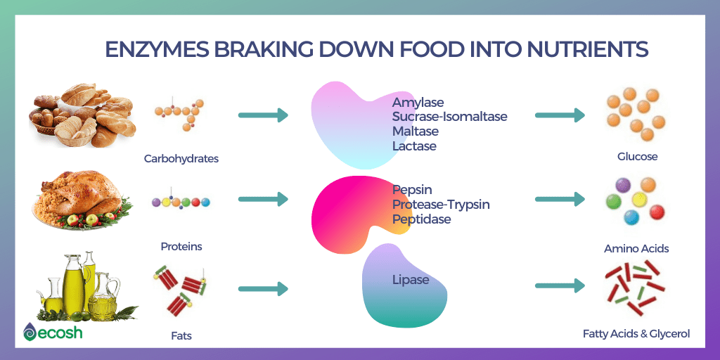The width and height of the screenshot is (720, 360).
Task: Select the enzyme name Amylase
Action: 418,102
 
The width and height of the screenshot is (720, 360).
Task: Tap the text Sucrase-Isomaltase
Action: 449,117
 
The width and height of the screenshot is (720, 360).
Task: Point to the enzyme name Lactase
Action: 414,146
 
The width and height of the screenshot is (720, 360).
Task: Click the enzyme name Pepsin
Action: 412,190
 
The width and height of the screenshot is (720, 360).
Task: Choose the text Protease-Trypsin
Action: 441,205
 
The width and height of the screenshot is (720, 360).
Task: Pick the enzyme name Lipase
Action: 411,280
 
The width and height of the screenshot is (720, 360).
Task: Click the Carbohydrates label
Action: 181,159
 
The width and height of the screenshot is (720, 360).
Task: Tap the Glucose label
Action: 637,157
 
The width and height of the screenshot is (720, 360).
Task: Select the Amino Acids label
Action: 636,249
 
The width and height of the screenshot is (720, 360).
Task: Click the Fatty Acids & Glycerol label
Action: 636,334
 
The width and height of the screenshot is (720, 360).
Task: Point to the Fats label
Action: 181,336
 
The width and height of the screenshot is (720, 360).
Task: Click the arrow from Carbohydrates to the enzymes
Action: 263,115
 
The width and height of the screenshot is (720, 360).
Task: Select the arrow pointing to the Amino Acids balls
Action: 560,199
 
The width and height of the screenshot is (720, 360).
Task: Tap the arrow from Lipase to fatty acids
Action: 560,285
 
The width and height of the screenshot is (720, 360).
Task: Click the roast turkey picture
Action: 83,200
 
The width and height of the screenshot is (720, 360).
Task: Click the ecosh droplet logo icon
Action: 30,332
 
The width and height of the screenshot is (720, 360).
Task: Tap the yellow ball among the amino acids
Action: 638,199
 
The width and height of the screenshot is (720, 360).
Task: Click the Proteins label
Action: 181,247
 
